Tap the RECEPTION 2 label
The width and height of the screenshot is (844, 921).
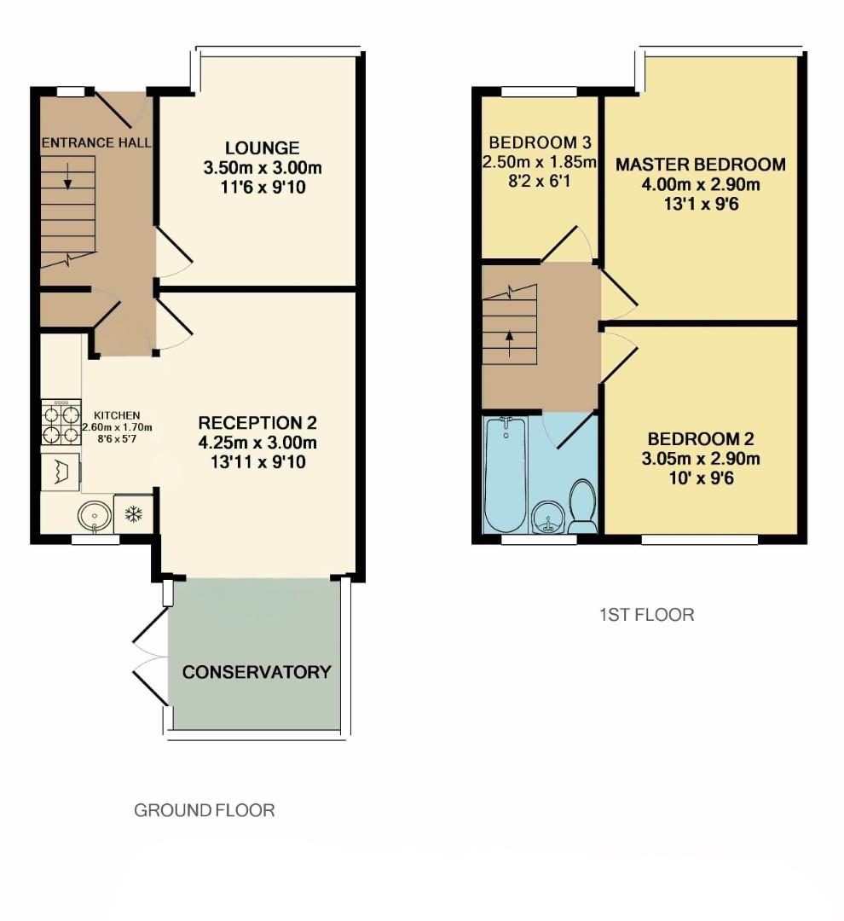tap(257, 423)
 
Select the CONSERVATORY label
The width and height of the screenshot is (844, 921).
tap(257, 672)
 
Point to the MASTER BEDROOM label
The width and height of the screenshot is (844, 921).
tap(701, 165)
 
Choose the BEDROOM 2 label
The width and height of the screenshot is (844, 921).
tap(701, 440)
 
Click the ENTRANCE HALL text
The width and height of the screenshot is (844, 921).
tap(96, 142)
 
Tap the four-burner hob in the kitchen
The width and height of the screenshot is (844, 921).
tap(61, 424)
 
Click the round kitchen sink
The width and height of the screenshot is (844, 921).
tap(91, 515)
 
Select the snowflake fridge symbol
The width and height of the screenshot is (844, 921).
tap(133, 514)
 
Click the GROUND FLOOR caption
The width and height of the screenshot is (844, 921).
tap(205, 810)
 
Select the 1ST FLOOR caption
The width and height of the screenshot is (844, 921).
tap(646, 614)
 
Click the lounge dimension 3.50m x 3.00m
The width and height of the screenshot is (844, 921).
tap(263, 167)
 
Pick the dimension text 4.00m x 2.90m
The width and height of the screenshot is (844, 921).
tap(701, 185)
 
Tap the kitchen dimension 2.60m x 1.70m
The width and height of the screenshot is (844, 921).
tap(117, 427)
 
